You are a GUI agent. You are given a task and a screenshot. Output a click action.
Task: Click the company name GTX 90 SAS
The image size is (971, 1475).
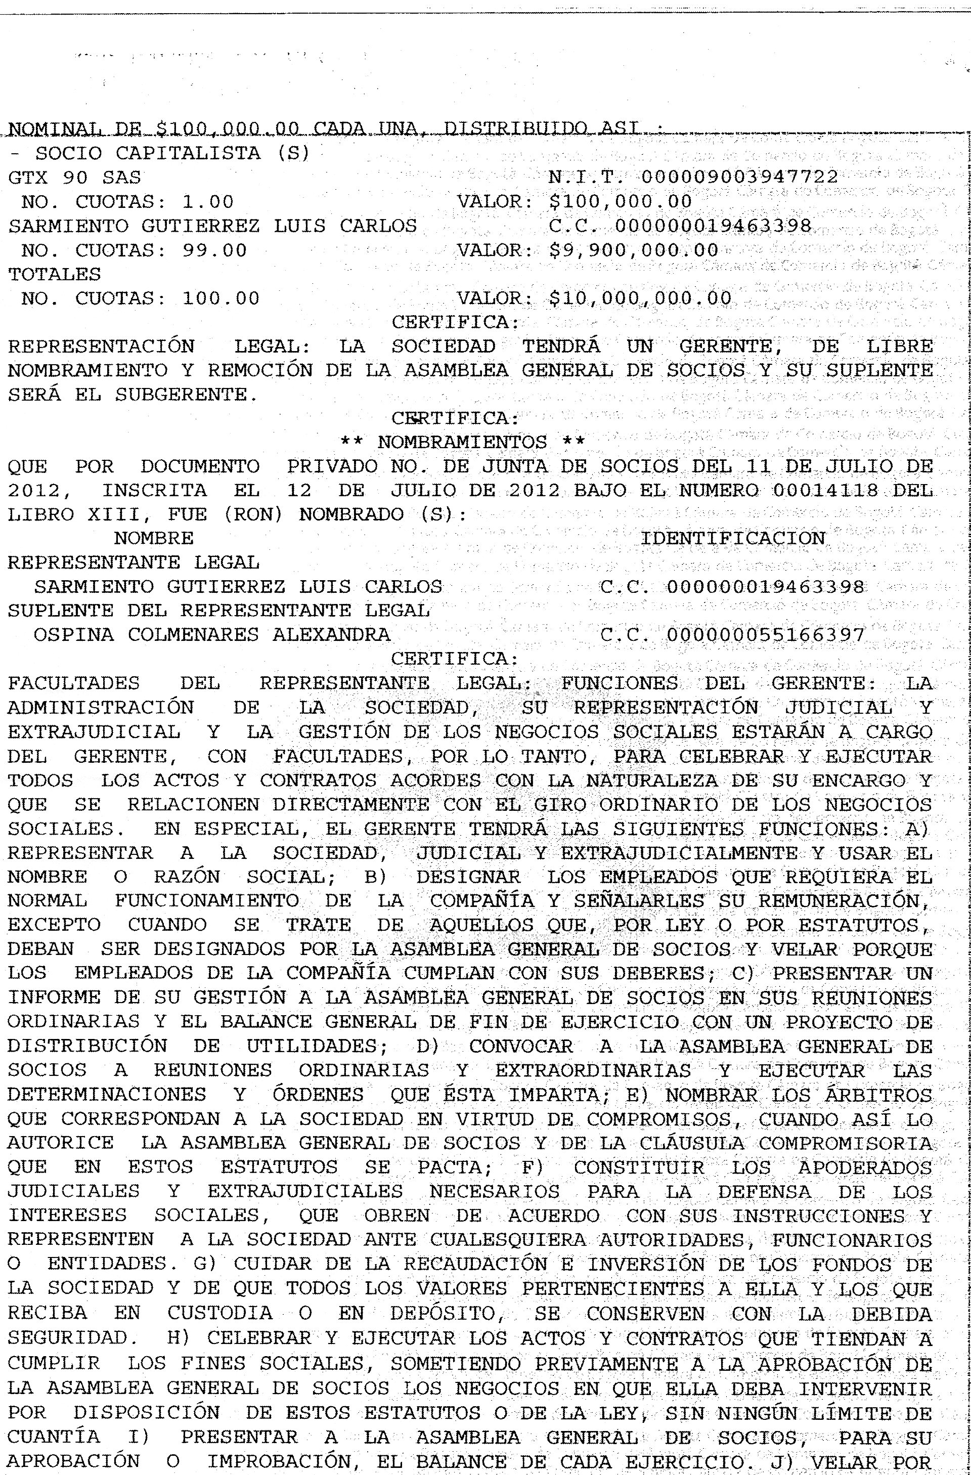coord(74,178)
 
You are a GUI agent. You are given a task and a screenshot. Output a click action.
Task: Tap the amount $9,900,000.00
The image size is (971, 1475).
coord(633,250)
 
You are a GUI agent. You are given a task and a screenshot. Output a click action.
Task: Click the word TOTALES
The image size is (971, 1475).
coord(55,275)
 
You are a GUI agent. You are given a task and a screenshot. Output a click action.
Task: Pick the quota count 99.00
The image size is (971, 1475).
coord(214,250)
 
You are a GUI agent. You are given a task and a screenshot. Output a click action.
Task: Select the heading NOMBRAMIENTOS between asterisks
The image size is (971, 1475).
coord(462,443)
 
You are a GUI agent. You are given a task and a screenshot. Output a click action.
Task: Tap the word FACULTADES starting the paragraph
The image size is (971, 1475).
coord(74,683)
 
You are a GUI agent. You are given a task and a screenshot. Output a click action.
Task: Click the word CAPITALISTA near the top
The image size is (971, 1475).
coord(188,154)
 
